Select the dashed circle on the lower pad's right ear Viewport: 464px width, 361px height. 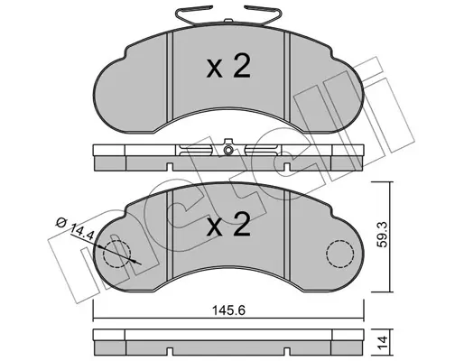[339, 255]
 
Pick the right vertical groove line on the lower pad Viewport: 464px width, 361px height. [287, 236]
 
